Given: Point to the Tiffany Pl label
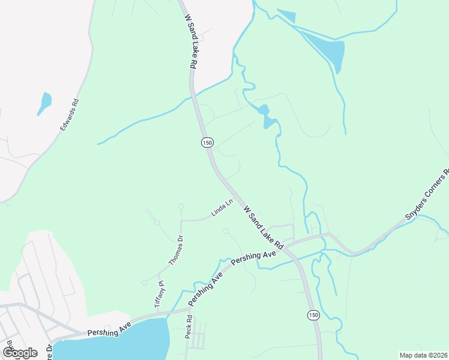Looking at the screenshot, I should click(x=159, y=296).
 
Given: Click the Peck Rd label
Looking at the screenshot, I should click(x=188, y=326).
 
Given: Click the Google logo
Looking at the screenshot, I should click(x=20, y=352).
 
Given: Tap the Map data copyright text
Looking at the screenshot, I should click(x=423, y=355).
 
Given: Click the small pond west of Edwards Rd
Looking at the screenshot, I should click(x=44, y=103).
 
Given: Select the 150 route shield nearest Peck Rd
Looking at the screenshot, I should click(x=313, y=315).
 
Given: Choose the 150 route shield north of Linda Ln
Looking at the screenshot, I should click(x=207, y=142).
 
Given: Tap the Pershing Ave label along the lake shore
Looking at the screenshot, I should click(x=108, y=331).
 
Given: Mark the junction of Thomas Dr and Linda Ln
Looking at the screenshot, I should click(x=181, y=221).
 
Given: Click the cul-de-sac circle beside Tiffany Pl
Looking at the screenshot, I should click(x=144, y=283).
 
